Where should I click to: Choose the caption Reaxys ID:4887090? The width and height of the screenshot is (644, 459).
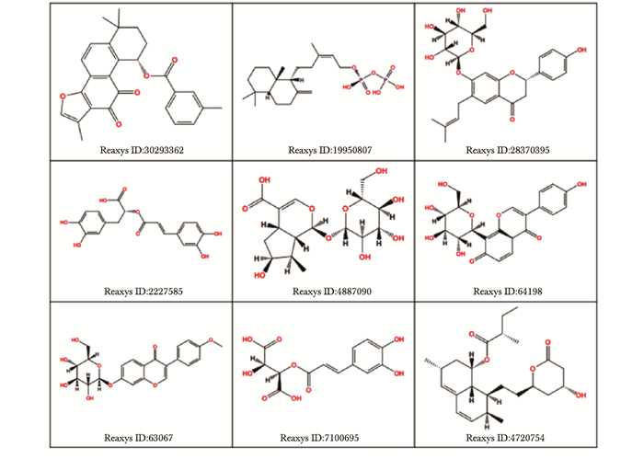pos(328,292)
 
